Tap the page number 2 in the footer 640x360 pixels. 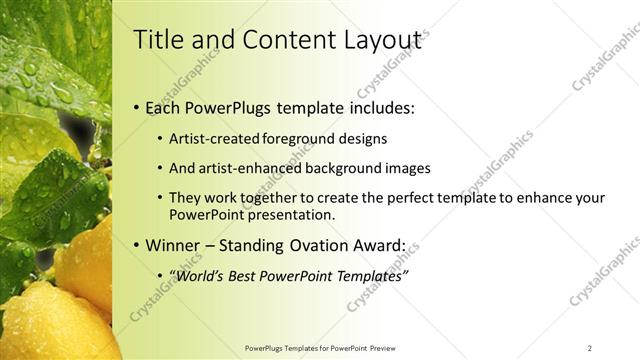(x=589, y=348)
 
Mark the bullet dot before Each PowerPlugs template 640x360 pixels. (x=136, y=108)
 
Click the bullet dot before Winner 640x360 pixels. (x=136, y=245)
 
